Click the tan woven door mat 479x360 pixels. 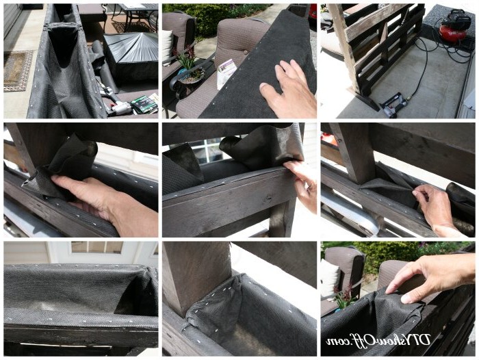click(18, 71)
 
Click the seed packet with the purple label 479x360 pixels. click(226, 73)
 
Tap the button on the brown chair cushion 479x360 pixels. click(246, 53)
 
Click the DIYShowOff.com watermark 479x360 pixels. click(378, 340)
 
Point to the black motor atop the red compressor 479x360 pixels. click(452, 19)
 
